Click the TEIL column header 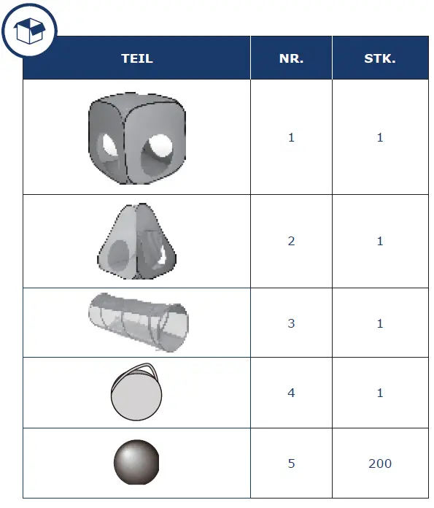click(x=137, y=58)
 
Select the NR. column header click(x=291, y=58)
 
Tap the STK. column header click(x=380, y=58)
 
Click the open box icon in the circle click(x=29, y=31)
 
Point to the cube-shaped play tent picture click(x=137, y=139)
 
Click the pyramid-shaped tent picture click(x=136, y=242)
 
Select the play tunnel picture click(x=139, y=323)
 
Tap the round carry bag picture click(x=136, y=392)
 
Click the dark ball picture click(x=136, y=462)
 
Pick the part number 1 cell click(x=291, y=137)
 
